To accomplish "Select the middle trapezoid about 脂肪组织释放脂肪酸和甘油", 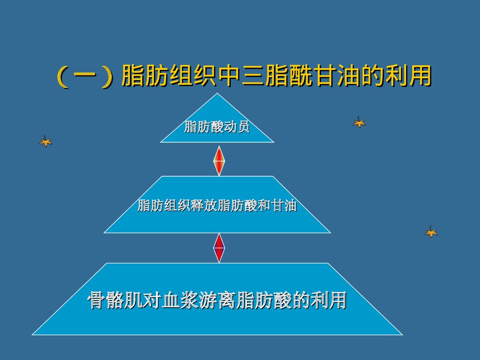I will [x=217, y=218].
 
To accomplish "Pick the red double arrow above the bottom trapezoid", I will [x=219, y=248].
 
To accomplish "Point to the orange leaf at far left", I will [x=46, y=141].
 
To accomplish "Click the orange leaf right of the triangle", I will [x=359, y=122].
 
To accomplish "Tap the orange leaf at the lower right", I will [x=431, y=232].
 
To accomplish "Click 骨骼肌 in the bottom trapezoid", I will [x=115, y=300].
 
